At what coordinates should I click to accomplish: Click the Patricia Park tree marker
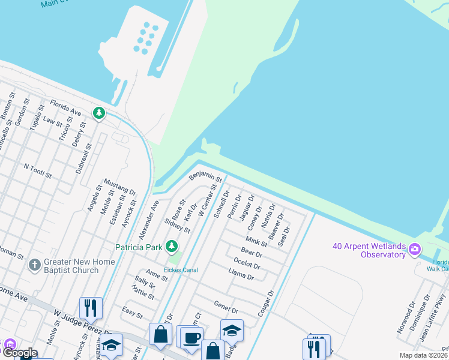tap(172, 246)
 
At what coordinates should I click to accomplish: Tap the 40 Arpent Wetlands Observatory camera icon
tap(414, 248)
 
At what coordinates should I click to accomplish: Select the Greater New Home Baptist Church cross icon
tap(35, 264)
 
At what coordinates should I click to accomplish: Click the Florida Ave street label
tap(65, 107)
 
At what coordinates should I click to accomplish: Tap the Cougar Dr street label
tap(265, 305)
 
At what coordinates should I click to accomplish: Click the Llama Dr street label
tap(242, 274)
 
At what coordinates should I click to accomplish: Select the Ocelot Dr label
tap(247, 263)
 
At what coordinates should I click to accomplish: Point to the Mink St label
tap(256, 241)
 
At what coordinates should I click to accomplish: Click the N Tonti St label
tap(38, 171)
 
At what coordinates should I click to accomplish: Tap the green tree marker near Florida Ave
tap(98, 112)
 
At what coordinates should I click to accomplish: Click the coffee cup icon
tap(191, 338)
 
